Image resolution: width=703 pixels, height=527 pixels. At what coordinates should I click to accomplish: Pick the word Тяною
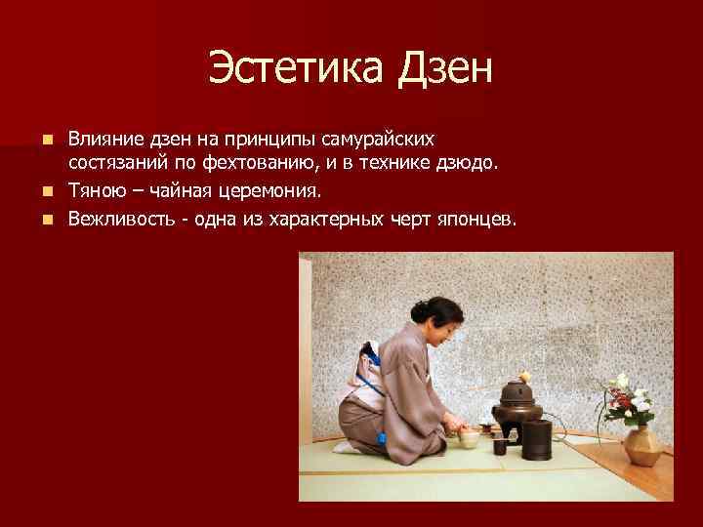pos(94,188)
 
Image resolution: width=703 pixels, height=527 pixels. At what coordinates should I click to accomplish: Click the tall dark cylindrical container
pos(537,440)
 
